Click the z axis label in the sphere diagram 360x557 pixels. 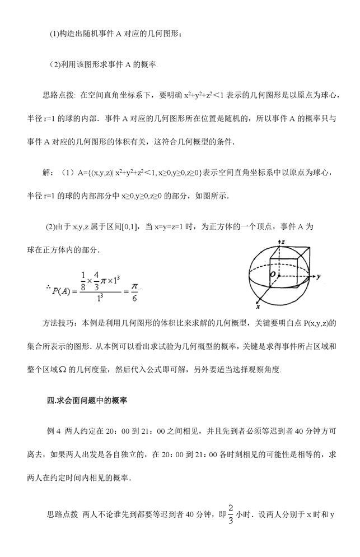coord(284,242)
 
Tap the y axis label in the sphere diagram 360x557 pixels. coord(317,277)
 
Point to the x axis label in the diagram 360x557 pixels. coord(257,307)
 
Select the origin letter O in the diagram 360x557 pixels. coord(273,275)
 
